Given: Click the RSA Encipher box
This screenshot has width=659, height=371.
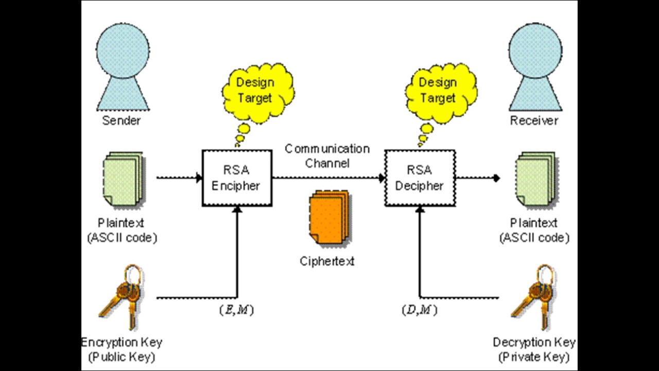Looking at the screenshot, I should (x=237, y=178).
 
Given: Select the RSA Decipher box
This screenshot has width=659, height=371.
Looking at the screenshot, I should (x=420, y=178).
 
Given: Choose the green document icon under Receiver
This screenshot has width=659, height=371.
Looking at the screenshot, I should (x=535, y=180).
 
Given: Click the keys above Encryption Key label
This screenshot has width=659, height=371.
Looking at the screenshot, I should (x=122, y=296).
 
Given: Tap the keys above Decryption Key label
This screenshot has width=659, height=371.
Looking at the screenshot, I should (x=533, y=296).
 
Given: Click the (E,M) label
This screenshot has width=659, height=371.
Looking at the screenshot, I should (x=236, y=310).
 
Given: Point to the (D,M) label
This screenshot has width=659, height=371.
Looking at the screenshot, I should (x=419, y=310).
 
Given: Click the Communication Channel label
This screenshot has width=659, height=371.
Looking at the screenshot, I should (x=327, y=156).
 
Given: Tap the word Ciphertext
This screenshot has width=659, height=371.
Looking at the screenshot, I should (x=327, y=261).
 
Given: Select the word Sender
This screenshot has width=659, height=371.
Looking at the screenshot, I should (x=122, y=121).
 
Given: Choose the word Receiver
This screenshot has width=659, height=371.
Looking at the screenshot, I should (x=534, y=121).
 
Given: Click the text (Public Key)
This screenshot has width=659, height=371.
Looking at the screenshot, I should (x=122, y=357).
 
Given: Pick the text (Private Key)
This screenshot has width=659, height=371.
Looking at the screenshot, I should (x=534, y=357).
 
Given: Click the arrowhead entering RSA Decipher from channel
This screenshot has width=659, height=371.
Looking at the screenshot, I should (x=382, y=178).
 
